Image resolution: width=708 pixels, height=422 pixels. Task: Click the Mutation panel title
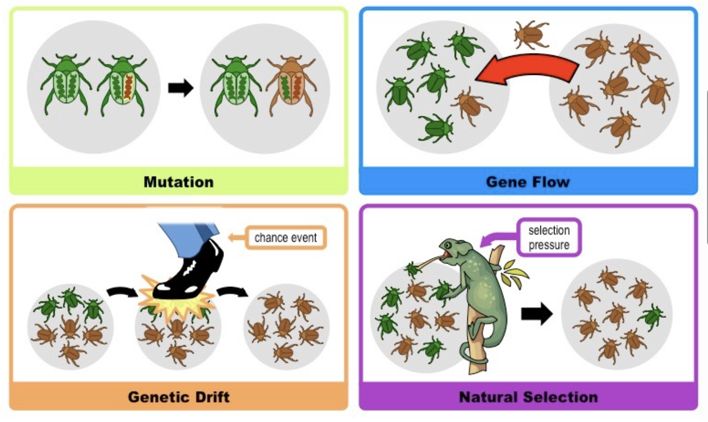179,182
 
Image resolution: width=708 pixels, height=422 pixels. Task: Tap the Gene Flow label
528,182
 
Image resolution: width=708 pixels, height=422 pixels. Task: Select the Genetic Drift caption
179,397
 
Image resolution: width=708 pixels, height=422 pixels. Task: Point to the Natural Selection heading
528,397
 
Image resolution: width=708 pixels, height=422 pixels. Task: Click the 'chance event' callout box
286,237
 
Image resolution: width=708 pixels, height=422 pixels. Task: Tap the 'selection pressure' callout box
549,237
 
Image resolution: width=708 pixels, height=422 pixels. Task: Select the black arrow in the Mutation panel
181,88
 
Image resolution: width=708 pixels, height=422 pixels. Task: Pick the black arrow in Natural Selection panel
537,313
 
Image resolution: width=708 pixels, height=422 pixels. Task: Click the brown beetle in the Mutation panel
291,86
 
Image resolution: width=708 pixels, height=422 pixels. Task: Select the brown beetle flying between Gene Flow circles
531,34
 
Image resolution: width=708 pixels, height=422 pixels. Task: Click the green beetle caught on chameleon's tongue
412,270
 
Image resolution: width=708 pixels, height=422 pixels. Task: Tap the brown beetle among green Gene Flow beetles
470,106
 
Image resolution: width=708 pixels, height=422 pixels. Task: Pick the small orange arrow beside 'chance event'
236,237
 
